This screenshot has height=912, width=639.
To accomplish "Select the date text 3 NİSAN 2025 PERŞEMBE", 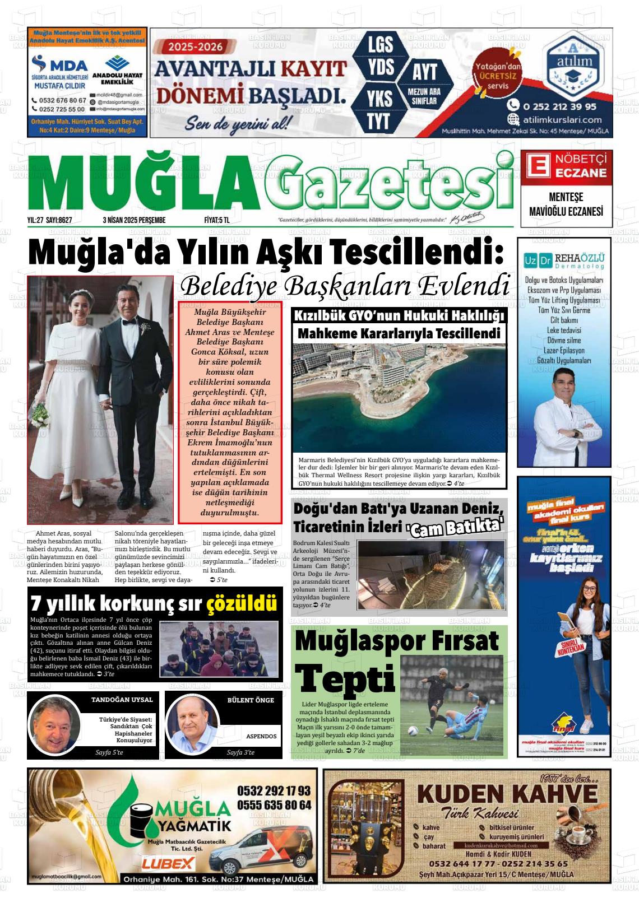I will [x=134, y=220].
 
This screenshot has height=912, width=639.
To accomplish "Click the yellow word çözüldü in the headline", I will [x=242, y=604].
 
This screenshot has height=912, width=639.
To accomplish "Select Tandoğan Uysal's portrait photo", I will [x=55, y=725].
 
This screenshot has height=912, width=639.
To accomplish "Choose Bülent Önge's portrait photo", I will [x=192, y=725].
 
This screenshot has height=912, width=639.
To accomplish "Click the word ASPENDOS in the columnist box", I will [x=261, y=736].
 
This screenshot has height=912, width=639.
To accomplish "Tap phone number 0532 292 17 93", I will [x=274, y=791].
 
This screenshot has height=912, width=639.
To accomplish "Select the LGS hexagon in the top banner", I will [x=380, y=45].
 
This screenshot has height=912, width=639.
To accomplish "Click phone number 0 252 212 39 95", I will [x=552, y=105].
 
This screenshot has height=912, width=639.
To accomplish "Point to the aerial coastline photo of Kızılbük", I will [x=399, y=398].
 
